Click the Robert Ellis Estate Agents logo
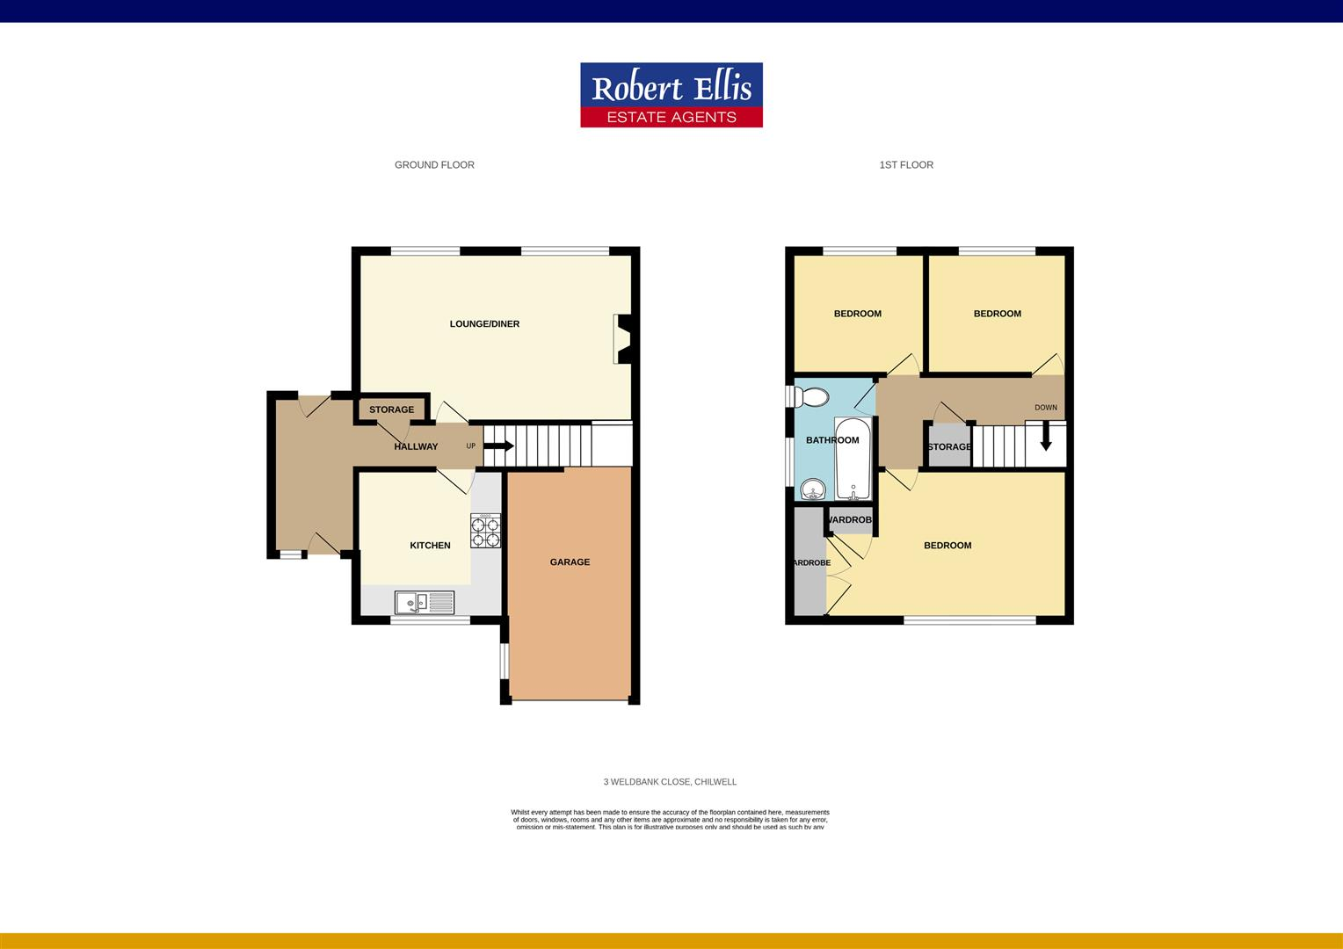pyautogui.click(x=671, y=95)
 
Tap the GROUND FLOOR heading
pyautogui.click(x=434, y=165)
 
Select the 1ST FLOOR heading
pyautogui.click(x=906, y=165)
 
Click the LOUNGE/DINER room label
pyautogui.click(x=484, y=324)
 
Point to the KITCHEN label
pyautogui.click(x=430, y=546)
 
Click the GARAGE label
pyautogui.click(x=570, y=562)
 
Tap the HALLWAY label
pyautogui.click(x=416, y=446)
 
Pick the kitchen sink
pyautogui.click(x=425, y=602)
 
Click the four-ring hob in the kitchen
pyautogui.click(x=485, y=531)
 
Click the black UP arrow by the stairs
pyautogui.click(x=498, y=446)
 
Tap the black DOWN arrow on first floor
pyautogui.click(x=1046, y=438)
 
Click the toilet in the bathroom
pyautogui.click(x=810, y=397)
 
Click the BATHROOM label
pyautogui.click(x=832, y=440)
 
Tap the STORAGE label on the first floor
pyautogui.click(x=949, y=447)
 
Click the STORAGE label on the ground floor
pyautogui.click(x=391, y=410)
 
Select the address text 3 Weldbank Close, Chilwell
pyautogui.click(x=670, y=782)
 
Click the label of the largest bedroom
pyautogui.click(x=947, y=546)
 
